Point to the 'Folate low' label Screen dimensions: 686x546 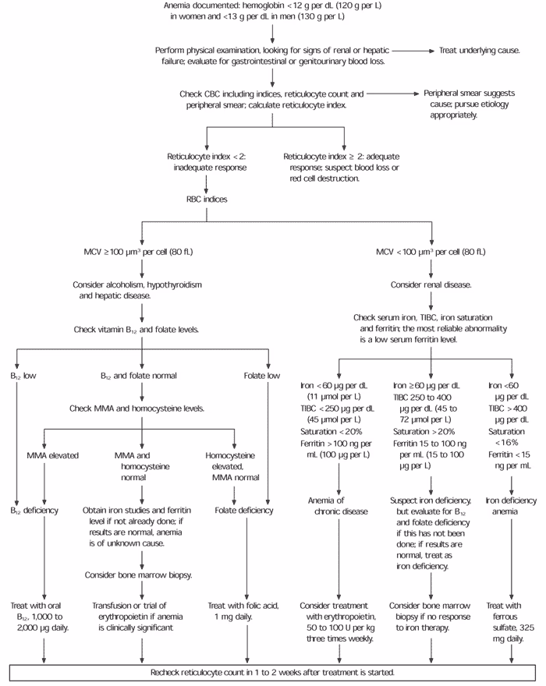(268, 375)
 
